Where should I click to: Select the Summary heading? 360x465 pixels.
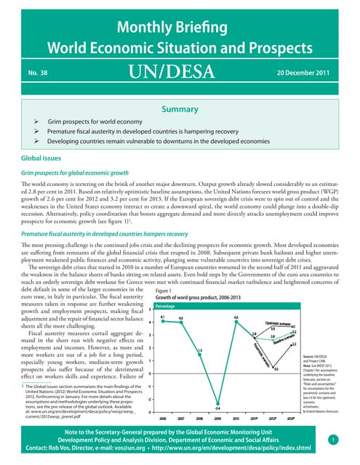pyautogui.click(x=179, y=109)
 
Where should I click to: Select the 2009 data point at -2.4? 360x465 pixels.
pyautogui.click(x=217, y=404)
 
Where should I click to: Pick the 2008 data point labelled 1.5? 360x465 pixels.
pyautogui.click(x=199, y=355)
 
